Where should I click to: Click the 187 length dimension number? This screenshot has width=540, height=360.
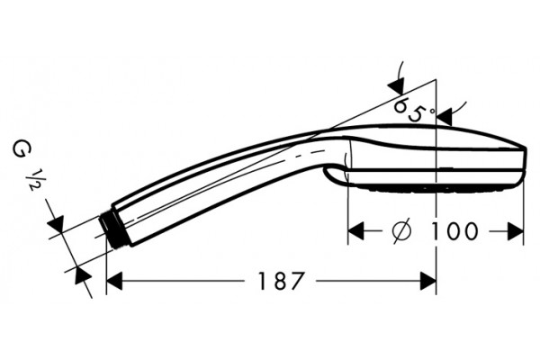tap(281, 281)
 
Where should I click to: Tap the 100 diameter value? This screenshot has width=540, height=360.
tap(454, 230)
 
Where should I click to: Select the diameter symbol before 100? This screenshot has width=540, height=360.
tap(401, 229)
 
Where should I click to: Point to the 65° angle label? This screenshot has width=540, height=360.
tap(413, 110)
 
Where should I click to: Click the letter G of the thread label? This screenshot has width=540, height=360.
tap(22, 149)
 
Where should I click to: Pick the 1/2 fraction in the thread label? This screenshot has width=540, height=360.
tap(36, 180)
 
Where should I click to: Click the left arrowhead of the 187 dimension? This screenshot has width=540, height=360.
tap(114, 281)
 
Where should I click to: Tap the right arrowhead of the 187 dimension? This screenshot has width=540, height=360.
tap(428, 281)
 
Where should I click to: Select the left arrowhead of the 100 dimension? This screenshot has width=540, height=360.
tap(355, 230)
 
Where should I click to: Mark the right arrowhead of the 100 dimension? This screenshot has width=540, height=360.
tap(515, 230)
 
